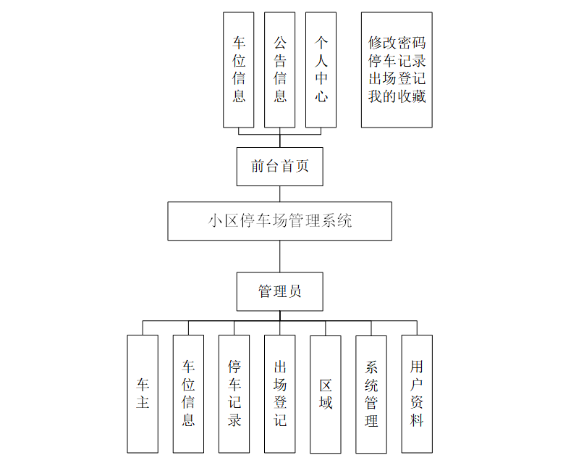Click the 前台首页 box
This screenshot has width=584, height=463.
click(x=279, y=167)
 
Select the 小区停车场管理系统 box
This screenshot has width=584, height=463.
click(x=279, y=221)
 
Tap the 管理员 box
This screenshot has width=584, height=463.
click(x=279, y=292)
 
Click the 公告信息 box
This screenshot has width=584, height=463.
click(x=279, y=70)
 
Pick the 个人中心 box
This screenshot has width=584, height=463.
click(x=321, y=70)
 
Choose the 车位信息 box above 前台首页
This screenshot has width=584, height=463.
click(x=239, y=70)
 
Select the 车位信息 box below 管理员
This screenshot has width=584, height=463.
click(x=188, y=393)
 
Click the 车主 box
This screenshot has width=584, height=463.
click(x=143, y=393)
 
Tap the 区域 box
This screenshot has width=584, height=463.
click(x=325, y=393)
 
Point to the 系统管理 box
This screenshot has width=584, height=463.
click(x=371, y=393)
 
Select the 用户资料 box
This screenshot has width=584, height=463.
click(x=417, y=393)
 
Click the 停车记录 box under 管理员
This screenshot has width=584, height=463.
click(x=234, y=393)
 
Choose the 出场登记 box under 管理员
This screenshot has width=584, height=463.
click(x=279, y=393)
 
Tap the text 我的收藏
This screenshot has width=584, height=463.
click(x=397, y=96)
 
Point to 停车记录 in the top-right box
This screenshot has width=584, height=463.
click(x=397, y=60)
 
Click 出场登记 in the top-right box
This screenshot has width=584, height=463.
click(x=397, y=78)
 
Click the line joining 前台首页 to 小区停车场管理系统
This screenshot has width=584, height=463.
click(x=279, y=193)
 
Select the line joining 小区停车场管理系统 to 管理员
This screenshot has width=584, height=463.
click(x=279, y=256)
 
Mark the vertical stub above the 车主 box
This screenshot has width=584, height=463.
click(x=143, y=328)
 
